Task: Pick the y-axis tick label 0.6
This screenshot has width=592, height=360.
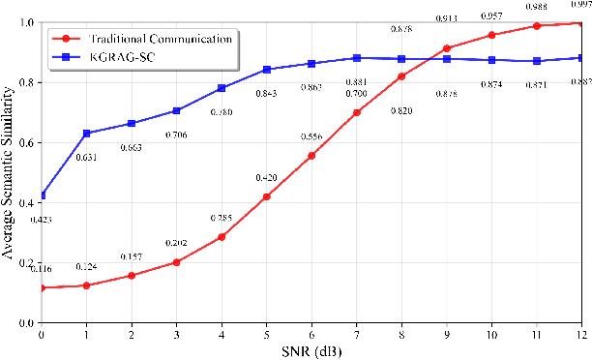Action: click(x=26, y=142)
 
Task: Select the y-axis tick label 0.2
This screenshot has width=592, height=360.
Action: click(x=26, y=262)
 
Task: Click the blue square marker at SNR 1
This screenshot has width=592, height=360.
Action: click(x=86, y=133)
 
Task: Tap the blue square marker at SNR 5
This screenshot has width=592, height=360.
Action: click(x=268, y=69)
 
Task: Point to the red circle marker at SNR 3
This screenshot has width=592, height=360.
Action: click(x=177, y=261)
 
